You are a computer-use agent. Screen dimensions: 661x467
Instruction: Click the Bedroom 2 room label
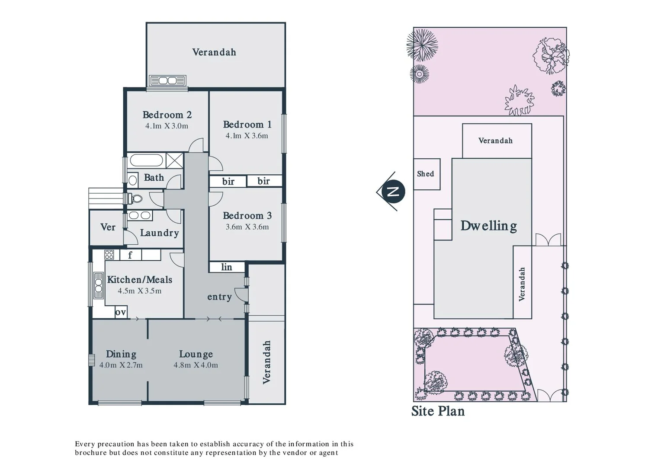(x=167, y=115)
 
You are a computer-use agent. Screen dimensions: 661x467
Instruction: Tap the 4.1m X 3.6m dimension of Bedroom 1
(x=247, y=136)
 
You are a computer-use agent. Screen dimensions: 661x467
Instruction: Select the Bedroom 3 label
(x=247, y=216)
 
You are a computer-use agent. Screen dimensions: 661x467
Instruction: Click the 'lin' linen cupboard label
(x=227, y=267)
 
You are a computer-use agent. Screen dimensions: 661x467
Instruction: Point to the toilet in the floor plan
(x=135, y=199)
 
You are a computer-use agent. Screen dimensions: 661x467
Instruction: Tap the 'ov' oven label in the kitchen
(x=121, y=312)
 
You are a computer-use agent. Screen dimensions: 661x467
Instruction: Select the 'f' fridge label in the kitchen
(x=130, y=255)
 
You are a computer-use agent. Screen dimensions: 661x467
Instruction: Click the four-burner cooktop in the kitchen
(x=109, y=255)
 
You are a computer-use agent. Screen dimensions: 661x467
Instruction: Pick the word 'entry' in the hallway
(x=219, y=297)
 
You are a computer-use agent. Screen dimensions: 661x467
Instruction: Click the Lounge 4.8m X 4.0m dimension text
(x=196, y=365)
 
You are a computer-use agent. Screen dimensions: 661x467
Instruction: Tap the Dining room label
(x=121, y=354)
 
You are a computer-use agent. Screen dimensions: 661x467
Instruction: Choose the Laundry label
(x=159, y=233)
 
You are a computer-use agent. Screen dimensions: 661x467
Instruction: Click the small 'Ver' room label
(x=108, y=227)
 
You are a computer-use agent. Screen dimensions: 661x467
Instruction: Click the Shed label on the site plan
(x=425, y=174)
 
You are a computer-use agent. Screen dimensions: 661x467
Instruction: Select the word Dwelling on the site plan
(x=488, y=226)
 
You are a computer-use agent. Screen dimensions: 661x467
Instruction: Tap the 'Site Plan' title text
(x=438, y=411)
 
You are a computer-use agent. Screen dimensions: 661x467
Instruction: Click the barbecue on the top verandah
(x=167, y=80)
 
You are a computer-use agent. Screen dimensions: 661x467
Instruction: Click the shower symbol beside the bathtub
(x=174, y=160)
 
